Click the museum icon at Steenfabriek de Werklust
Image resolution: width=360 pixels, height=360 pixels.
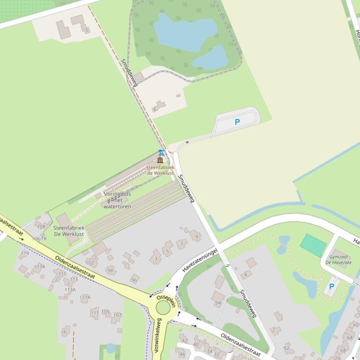point(161,160)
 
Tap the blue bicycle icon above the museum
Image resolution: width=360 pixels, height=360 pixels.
point(162,152)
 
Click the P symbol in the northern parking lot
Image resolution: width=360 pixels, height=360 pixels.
point(237,122)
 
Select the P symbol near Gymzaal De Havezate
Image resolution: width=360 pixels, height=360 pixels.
point(331,286)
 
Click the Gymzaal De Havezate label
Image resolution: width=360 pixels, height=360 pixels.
point(338,259)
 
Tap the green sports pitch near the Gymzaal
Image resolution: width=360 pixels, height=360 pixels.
point(313,245)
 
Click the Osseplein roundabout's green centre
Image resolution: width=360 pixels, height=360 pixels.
point(163,308)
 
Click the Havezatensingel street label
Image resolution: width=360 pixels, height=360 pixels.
point(200,260)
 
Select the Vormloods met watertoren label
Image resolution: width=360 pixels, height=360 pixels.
point(117,200)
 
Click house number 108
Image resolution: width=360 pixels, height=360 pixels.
point(41,227)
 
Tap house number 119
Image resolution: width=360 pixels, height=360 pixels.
point(24,254)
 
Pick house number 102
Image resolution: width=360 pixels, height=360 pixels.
point(89,263)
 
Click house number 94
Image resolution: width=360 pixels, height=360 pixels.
point(218,303)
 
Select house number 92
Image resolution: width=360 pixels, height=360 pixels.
point(287,348)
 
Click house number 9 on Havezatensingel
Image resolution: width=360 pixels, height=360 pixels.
point(197,237)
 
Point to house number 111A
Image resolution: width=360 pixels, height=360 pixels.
point(85,297)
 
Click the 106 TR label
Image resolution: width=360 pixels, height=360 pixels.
point(39,238)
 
